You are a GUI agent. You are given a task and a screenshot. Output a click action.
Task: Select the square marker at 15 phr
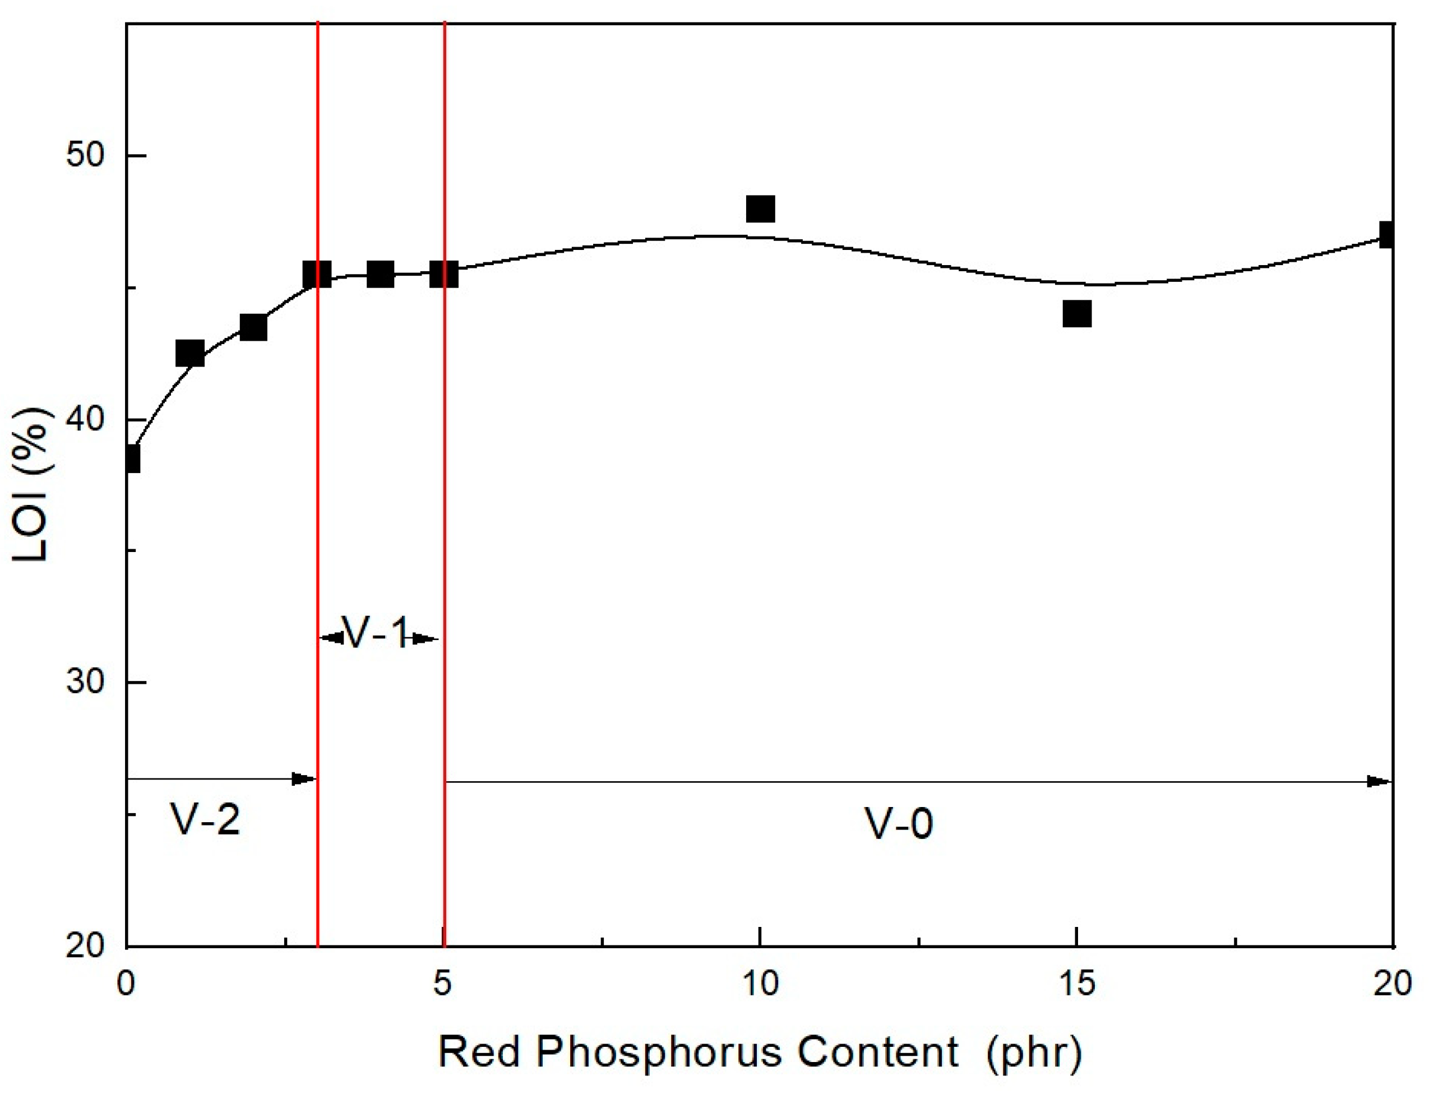click(1077, 314)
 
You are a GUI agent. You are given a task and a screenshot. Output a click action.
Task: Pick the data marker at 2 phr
click(253, 328)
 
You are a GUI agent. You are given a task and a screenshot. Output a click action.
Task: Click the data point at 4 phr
click(381, 274)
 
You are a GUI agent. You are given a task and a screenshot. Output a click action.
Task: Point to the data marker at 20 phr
click(1387, 234)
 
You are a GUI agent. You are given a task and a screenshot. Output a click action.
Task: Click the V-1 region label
click(376, 633)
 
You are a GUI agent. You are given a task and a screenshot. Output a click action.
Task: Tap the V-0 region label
click(898, 823)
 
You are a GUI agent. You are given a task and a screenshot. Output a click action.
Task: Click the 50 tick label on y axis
click(86, 156)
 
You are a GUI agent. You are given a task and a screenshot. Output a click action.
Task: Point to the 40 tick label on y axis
click(86, 419)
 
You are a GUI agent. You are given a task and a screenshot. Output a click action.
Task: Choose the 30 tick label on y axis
click(86, 682)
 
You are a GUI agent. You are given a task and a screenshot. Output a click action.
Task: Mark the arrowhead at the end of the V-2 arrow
click(304, 779)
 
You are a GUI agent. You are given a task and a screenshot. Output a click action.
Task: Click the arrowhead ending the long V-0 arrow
click(1379, 782)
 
